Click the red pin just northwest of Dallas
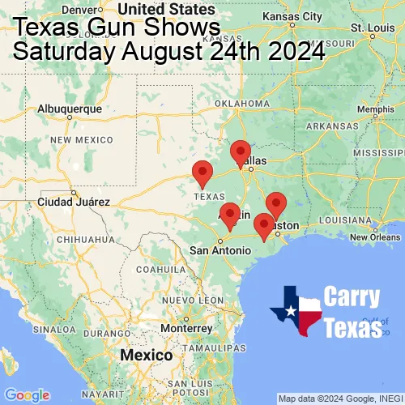pyautogui.click(x=241, y=151)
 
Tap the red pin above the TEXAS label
pyautogui.click(x=202, y=173)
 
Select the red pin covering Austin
pyautogui.click(x=230, y=215)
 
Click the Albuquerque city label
pyautogui.click(x=70, y=109)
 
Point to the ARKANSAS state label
pyautogui.click(x=331, y=126)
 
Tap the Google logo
pyautogui.click(x=26, y=394)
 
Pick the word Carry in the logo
pyautogui.click(x=353, y=297)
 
